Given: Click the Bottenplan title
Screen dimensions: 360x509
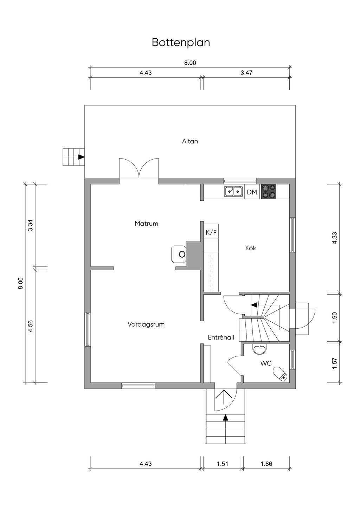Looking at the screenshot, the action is click(181, 43).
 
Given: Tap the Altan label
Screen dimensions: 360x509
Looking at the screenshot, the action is click(190, 141).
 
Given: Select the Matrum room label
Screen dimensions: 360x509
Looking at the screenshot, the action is click(146, 224).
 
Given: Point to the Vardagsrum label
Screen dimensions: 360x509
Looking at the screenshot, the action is click(146, 324).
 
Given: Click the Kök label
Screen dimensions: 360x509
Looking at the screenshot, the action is click(250, 248).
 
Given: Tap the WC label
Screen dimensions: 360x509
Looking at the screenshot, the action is click(266, 363).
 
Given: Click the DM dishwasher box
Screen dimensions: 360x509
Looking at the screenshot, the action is click(252, 192).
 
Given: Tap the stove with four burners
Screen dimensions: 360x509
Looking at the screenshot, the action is click(268, 192).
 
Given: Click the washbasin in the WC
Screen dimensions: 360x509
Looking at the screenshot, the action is click(259, 350).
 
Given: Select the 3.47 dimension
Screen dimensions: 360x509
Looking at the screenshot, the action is click(246, 73).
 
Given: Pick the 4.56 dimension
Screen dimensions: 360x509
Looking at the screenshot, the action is click(30, 326).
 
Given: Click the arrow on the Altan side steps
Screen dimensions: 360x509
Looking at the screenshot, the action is click(81, 157).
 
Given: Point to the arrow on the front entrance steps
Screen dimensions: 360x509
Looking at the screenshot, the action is click(225, 417).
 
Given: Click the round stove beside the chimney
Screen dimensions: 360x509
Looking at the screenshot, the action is click(179, 254).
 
